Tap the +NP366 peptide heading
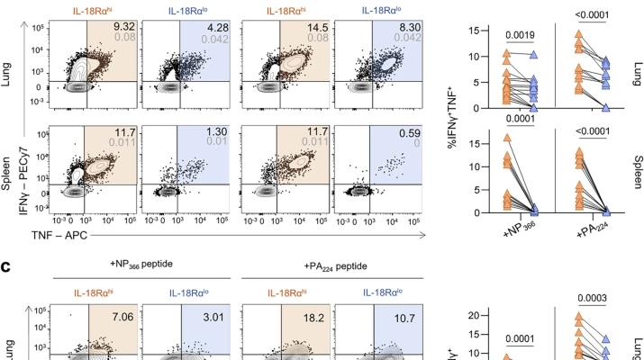point(141,264)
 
